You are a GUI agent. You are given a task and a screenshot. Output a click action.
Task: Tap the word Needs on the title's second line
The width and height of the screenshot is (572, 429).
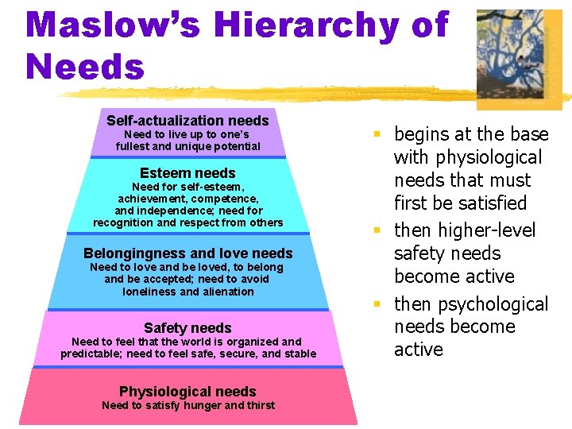click(x=85, y=67)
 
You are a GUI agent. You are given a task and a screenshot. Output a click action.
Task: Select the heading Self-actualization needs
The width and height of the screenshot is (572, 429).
click(x=187, y=121)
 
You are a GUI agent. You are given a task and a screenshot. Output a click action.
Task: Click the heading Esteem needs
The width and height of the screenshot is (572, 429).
click(x=187, y=173)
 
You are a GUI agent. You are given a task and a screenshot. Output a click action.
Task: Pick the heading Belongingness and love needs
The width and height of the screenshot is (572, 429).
click(x=187, y=253)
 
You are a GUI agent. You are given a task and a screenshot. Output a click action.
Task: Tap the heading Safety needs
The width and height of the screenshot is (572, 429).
click(x=187, y=328)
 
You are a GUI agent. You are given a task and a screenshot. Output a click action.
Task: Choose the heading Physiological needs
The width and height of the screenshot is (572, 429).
click(x=187, y=392)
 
